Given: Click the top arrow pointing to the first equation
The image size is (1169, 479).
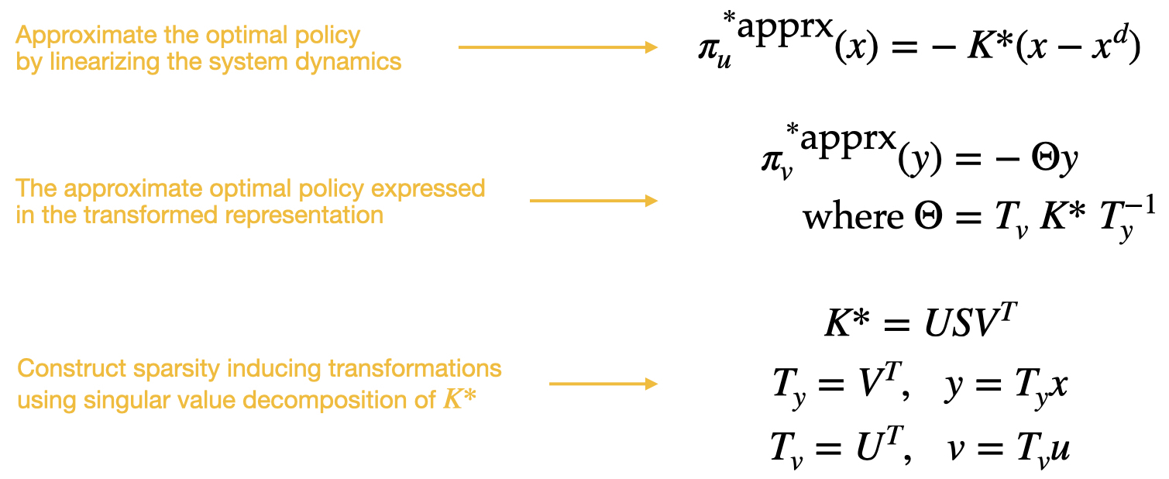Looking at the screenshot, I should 558,47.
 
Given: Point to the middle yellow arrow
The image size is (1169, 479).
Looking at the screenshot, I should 593,201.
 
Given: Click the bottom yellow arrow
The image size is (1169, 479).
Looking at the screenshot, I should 603,384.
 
